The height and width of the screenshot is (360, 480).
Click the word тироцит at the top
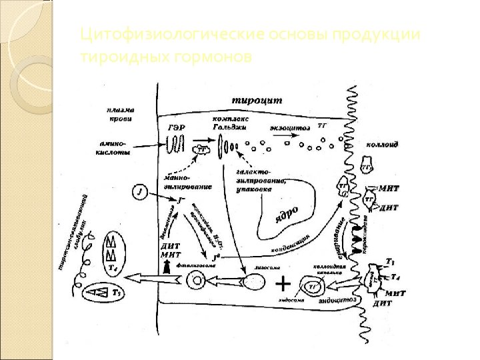(x=257, y=101)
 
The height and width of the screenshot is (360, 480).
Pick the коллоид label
(x=383, y=145)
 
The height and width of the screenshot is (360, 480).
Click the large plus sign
(x=283, y=285)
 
